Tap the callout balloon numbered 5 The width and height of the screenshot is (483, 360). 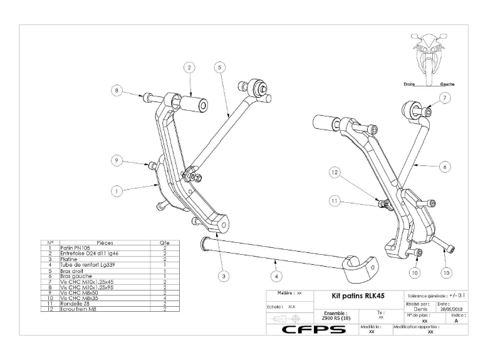click(x=218, y=68)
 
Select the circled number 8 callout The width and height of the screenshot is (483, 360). click(x=117, y=90)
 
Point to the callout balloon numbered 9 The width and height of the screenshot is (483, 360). click(x=117, y=161)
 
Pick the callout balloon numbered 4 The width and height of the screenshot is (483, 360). click(x=276, y=274)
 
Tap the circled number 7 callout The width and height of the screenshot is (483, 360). click(x=444, y=98)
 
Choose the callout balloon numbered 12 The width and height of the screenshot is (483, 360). click(x=335, y=172)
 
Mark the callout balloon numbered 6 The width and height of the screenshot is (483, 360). click(x=444, y=167)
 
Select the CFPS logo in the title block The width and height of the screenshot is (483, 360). click(x=311, y=329)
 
